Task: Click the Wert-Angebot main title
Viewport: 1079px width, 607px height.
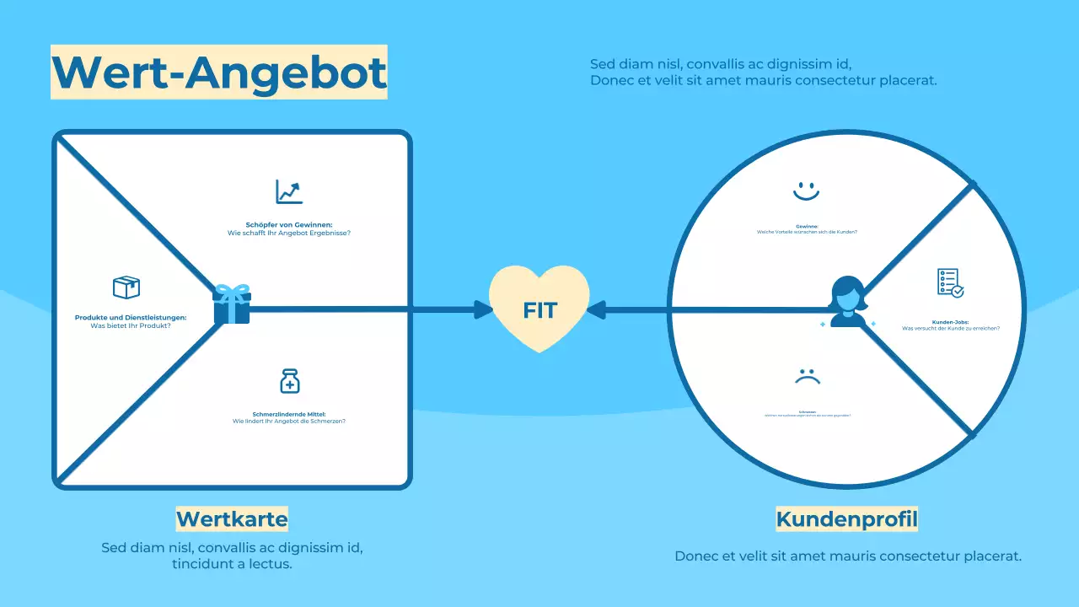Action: [x=219, y=72]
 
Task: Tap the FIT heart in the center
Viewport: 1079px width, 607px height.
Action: [x=539, y=309]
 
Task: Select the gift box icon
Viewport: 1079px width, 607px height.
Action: [x=232, y=304]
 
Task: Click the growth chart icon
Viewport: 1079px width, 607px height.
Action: [x=289, y=191]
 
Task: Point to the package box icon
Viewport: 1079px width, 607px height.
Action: [x=126, y=287]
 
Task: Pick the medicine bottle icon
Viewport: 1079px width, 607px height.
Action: [x=289, y=381]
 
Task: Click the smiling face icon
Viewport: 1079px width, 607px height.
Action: [x=806, y=190]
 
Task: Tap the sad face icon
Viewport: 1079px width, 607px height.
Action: [x=807, y=376]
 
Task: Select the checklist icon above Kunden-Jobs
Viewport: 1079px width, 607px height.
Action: [x=950, y=282]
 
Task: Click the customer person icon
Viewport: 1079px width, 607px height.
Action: [x=847, y=302]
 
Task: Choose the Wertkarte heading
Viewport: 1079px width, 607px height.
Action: [x=232, y=518]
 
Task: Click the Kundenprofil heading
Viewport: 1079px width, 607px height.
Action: [x=846, y=518]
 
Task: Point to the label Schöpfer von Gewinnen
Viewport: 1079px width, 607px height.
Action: [x=289, y=225]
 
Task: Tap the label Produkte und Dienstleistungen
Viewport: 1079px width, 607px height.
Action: [x=131, y=318]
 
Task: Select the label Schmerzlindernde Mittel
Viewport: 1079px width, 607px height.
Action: [x=289, y=413]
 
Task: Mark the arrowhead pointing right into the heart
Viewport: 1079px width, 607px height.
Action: [x=484, y=309]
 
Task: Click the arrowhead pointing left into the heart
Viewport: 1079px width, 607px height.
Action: [x=595, y=310]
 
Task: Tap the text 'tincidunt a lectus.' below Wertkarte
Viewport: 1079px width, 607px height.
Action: [x=232, y=564]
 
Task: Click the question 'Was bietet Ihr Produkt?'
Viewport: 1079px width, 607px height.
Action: [x=131, y=325]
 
